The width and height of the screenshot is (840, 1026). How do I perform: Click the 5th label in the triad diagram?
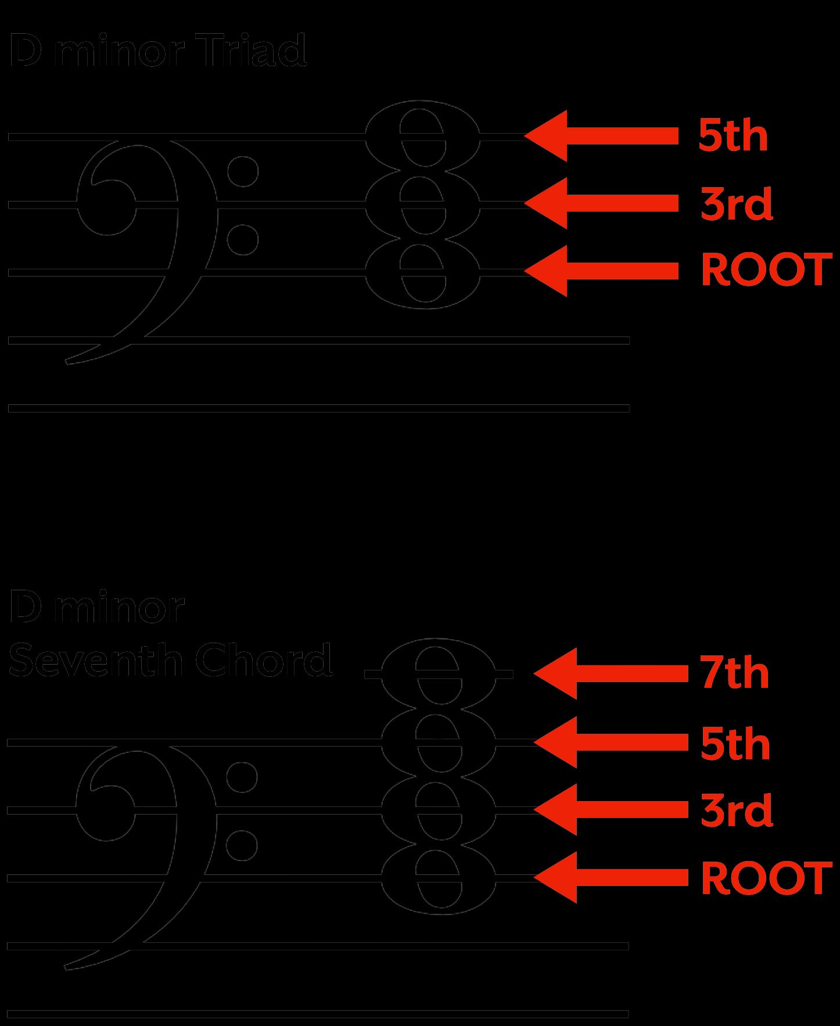pyautogui.click(x=733, y=136)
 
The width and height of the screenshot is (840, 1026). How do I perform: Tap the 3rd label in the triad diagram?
pyautogui.click(x=737, y=204)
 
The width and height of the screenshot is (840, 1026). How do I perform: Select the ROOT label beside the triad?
pyautogui.click(x=766, y=270)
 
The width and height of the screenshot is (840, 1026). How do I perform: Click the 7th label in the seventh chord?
pyautogui.click(x=734, y=673)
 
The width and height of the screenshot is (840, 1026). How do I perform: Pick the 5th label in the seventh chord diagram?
pyautogui.click(x=735, y=744)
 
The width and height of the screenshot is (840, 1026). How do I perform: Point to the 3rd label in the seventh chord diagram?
pyautogui.click(x=737, y=810)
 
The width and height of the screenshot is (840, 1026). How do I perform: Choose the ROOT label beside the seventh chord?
pyautogui.click(x=766, y=878)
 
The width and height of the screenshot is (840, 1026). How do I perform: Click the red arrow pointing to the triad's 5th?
pyautogui.click(x=601, y=136)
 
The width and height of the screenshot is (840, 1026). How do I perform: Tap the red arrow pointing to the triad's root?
pyautogui.click(x=601, y=271)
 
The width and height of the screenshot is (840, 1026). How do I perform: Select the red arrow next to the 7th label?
pyautogui.click(x=610, y=673)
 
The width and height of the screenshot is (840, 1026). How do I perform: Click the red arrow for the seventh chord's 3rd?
pyautogui.click(x=610, y=809)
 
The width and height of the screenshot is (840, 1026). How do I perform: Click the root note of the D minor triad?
pyautogui.click(x=423, y=272)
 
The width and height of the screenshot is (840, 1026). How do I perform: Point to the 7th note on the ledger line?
pyautogui.click(x=439, y=673)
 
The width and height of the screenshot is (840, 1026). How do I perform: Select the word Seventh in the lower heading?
pyautogui.click(x=96, y=660)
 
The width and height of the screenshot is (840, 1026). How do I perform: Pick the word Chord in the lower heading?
pyautogui.click(x=263, y=660)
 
